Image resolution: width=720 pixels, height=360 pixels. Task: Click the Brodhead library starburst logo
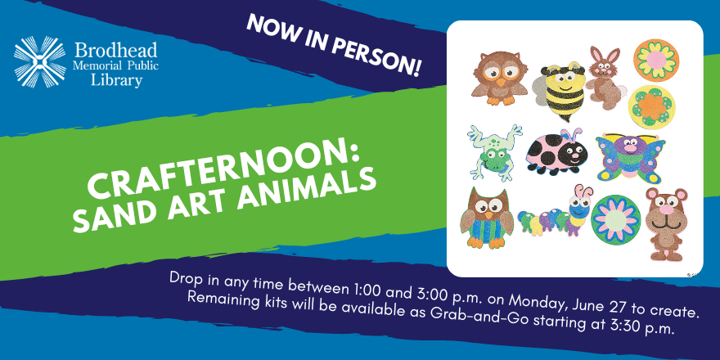coord(40,61)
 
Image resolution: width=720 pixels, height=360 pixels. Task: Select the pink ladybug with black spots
coord(555,151)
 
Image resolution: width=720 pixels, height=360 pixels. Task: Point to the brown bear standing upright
coord(666,223)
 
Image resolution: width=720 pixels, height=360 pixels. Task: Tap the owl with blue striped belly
coord(487,218)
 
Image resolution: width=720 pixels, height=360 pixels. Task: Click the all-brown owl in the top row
coord(500,78)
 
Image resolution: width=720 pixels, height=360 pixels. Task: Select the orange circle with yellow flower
coord(656,61)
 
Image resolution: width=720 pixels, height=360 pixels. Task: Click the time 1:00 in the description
coord(366,291)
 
